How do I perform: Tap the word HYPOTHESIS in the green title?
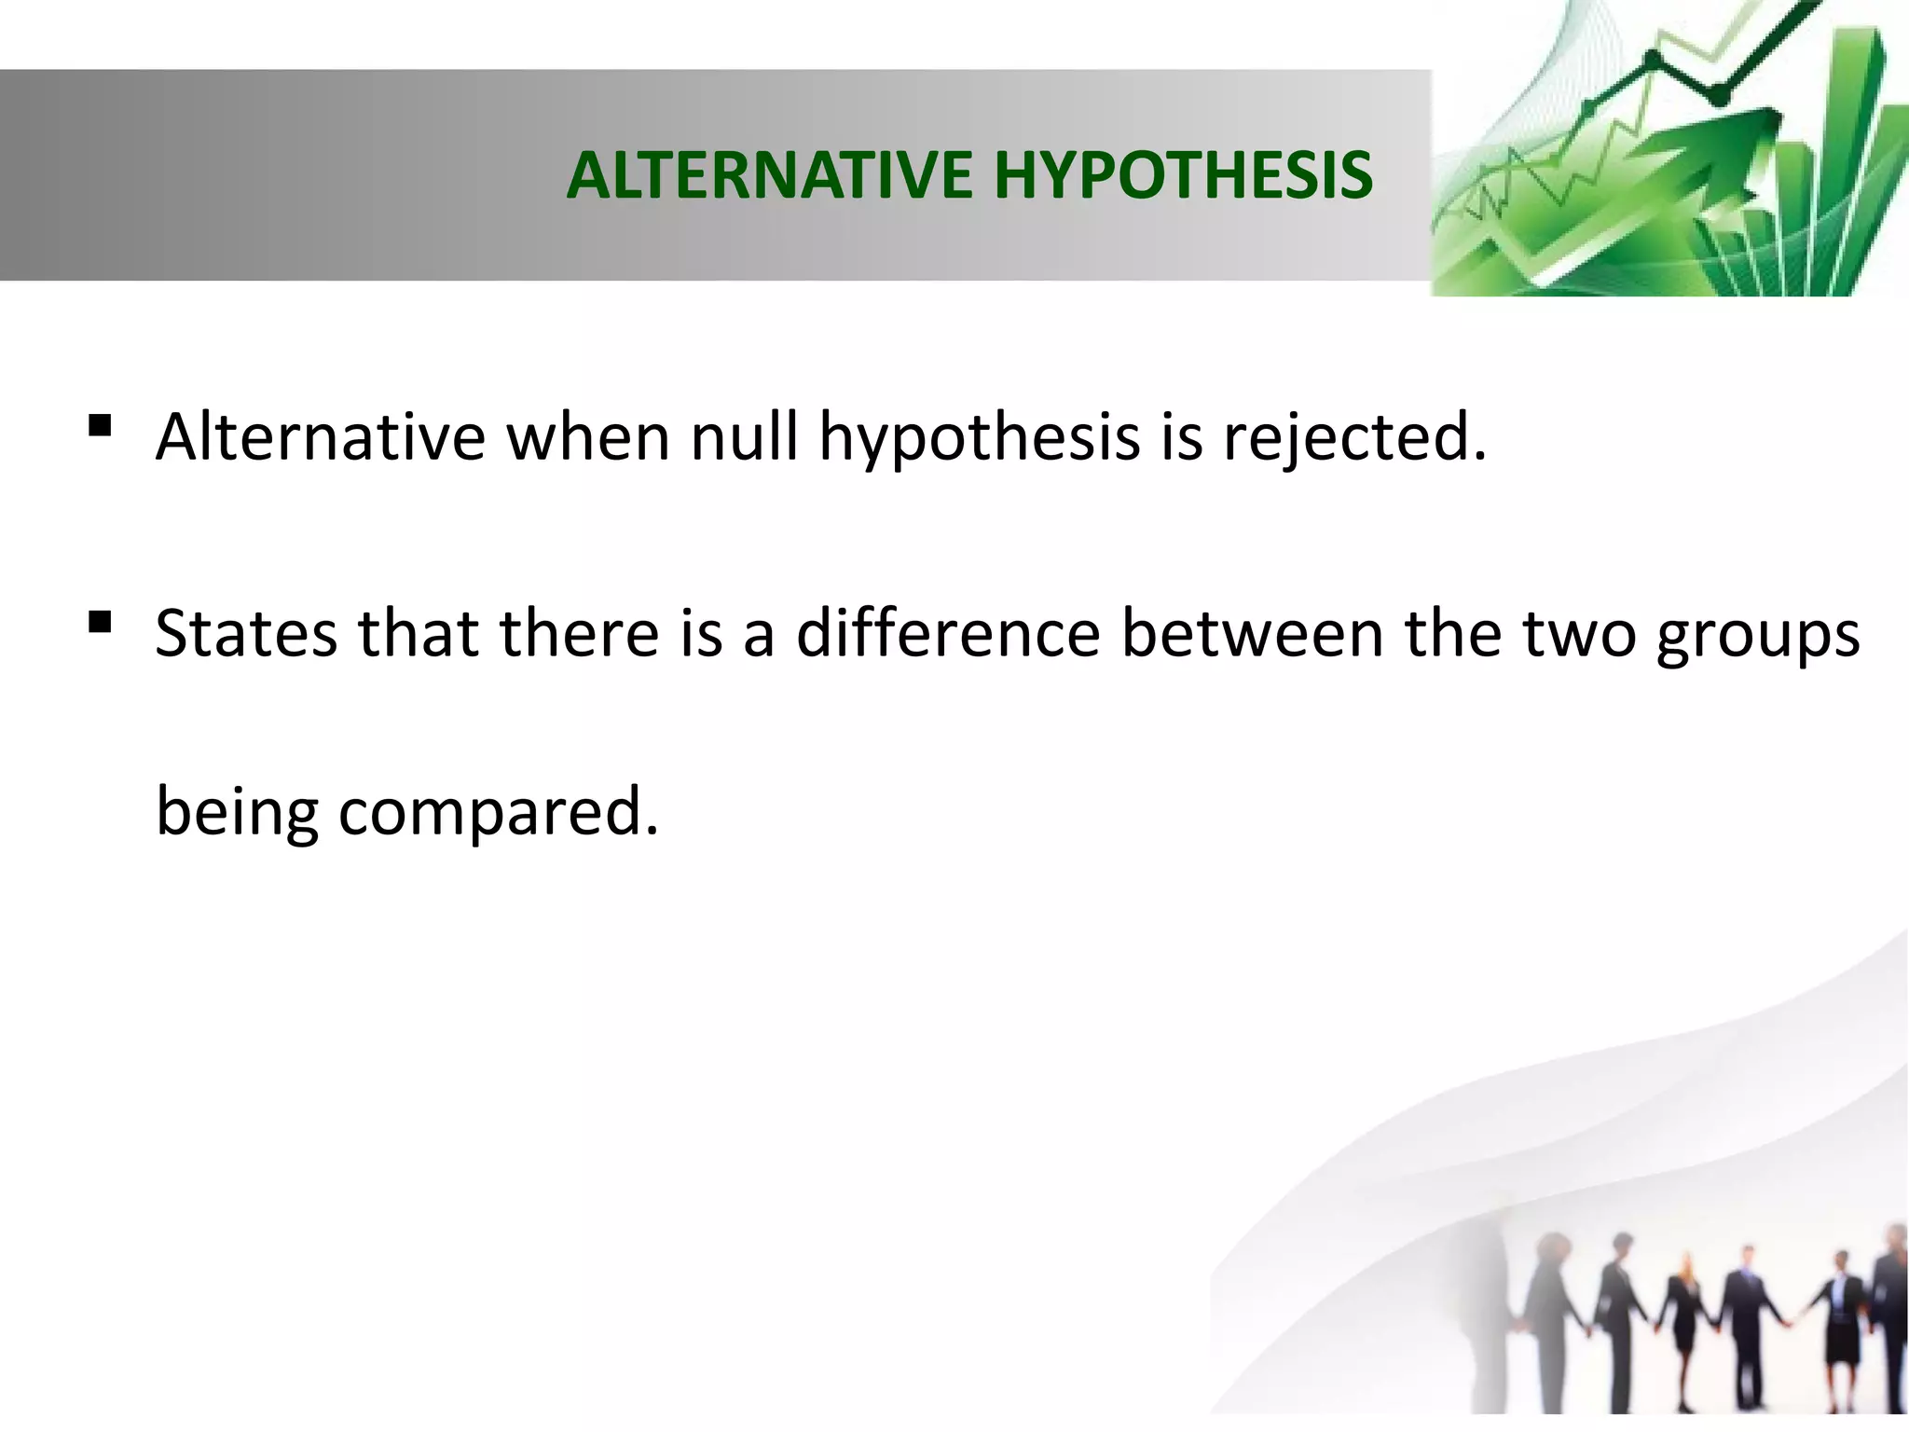[1184, 175]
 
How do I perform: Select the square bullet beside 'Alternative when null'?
[100, 427]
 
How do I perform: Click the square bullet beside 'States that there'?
[100, 622]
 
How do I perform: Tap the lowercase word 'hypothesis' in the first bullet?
[979, 438]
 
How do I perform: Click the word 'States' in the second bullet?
[246, 633]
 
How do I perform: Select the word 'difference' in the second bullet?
[948, 633]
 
